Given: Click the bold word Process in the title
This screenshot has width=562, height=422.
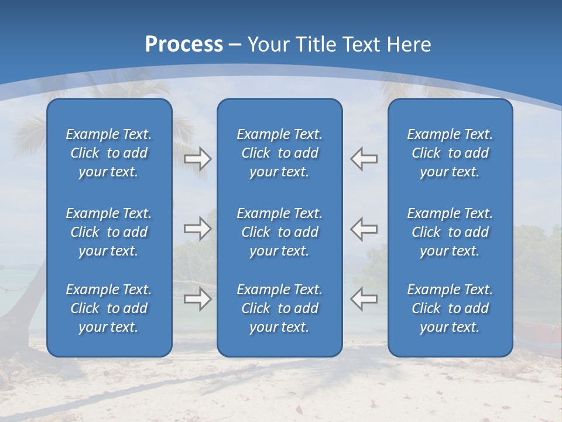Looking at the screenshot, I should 184,45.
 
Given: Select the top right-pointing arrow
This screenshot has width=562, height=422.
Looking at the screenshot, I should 197,159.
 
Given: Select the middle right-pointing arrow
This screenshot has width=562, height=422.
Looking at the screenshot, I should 197,228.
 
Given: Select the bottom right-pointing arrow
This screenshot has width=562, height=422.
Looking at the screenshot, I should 197,299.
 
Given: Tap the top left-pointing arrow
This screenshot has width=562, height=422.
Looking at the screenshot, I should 364,159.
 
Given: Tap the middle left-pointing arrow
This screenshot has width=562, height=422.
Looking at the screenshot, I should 364,228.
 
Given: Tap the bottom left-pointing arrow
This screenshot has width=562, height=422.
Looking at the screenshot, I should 364,299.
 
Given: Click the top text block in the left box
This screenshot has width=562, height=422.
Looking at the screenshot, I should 109,153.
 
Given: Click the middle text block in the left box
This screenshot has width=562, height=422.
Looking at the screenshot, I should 109,232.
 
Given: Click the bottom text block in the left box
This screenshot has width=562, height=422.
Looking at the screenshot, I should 109,308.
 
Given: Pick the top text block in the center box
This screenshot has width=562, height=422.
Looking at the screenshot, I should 279,153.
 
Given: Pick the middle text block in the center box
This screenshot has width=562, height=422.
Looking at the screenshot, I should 279,232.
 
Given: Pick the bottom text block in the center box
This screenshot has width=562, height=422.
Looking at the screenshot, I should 279,308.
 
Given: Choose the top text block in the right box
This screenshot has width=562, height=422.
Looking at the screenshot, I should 450,153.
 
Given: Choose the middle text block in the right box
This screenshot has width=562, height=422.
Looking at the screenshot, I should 450,232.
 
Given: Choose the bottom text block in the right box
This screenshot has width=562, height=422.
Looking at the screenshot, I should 450,308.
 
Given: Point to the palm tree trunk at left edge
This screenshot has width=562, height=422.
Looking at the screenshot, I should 23,275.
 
